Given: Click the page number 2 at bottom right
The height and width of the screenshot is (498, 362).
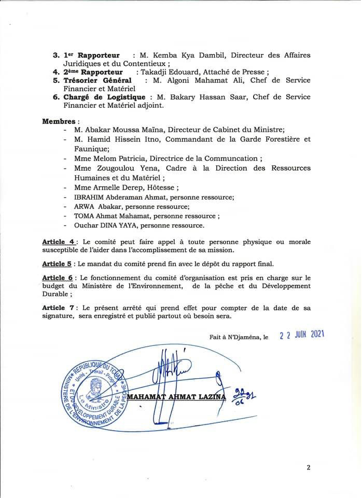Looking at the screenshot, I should point(309,467).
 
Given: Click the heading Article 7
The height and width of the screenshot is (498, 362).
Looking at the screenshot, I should point(59,308).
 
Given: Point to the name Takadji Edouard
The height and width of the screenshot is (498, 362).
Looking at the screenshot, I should point(169,72).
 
